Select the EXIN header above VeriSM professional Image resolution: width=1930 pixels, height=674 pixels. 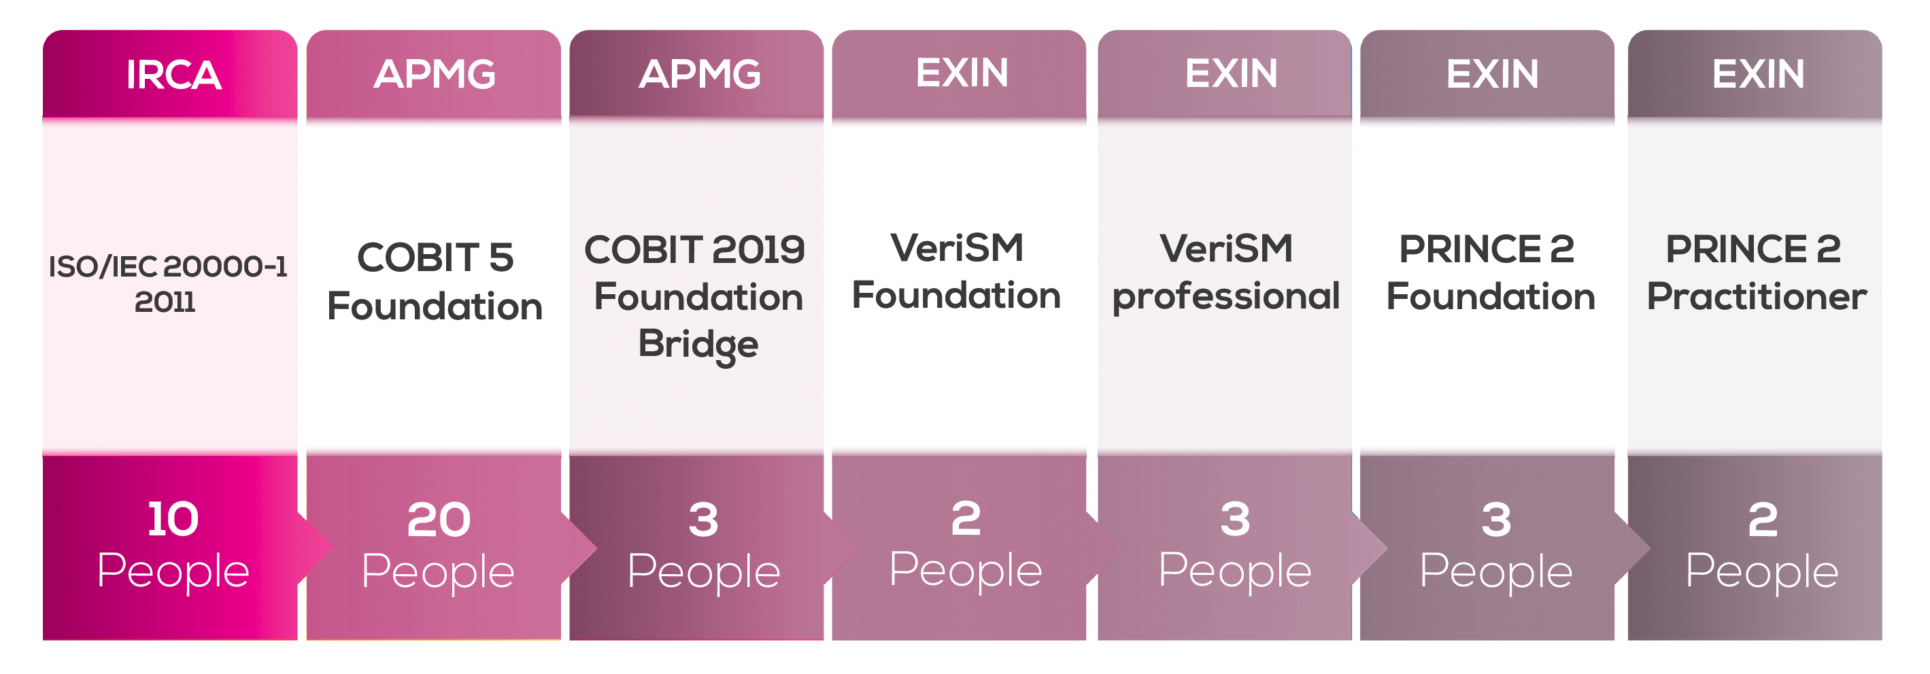coord(1231,73)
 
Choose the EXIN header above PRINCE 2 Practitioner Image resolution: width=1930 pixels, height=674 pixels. coord(1759,73)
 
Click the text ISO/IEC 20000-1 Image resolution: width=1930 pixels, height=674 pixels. coord(168,266)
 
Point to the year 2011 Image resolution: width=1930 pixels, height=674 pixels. coord(165,302)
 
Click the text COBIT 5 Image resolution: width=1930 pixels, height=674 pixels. coord(435,257)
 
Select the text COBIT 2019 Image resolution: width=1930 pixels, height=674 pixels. coord(694,249)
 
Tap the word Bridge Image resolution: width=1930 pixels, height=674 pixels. coord(698,345)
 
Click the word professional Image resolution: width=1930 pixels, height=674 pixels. coord(1225,296)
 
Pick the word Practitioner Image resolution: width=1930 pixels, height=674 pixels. coord(1756,296)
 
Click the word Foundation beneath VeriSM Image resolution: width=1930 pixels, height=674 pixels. coord(957,295)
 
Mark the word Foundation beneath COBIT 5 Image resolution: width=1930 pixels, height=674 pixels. coord(435,306)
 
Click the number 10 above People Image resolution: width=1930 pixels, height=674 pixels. coord(173,519)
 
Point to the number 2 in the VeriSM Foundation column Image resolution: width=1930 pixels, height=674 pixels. coord(966,518)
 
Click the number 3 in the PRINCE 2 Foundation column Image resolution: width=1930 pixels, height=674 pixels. coord(1496,520)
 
